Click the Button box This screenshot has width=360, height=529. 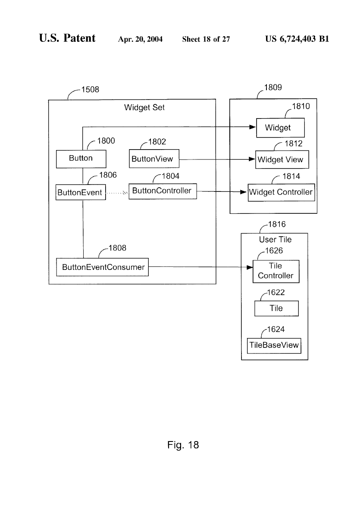click(x=81, y=159)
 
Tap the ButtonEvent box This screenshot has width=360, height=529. click(x=81, y=192)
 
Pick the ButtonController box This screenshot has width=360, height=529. click(x=163, y=191)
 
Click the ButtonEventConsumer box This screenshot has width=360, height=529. click(x=103, y=267)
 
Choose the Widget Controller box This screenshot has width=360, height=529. click(x=281, y=192)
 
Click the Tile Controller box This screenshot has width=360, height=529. click(x=275, y=271)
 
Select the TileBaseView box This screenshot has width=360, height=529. click(x=274, y=346)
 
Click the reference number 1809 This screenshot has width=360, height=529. click(x=272, y=88)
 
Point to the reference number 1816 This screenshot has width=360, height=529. click(x=276, y=225)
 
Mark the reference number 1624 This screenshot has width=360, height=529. click(x=275, y=330)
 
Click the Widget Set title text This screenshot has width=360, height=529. click(x=144, y=108)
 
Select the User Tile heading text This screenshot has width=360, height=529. click(x=275, y=240)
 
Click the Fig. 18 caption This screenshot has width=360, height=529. click(x=183, y=445)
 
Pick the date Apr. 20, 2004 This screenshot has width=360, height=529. click(x=140, y=40)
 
